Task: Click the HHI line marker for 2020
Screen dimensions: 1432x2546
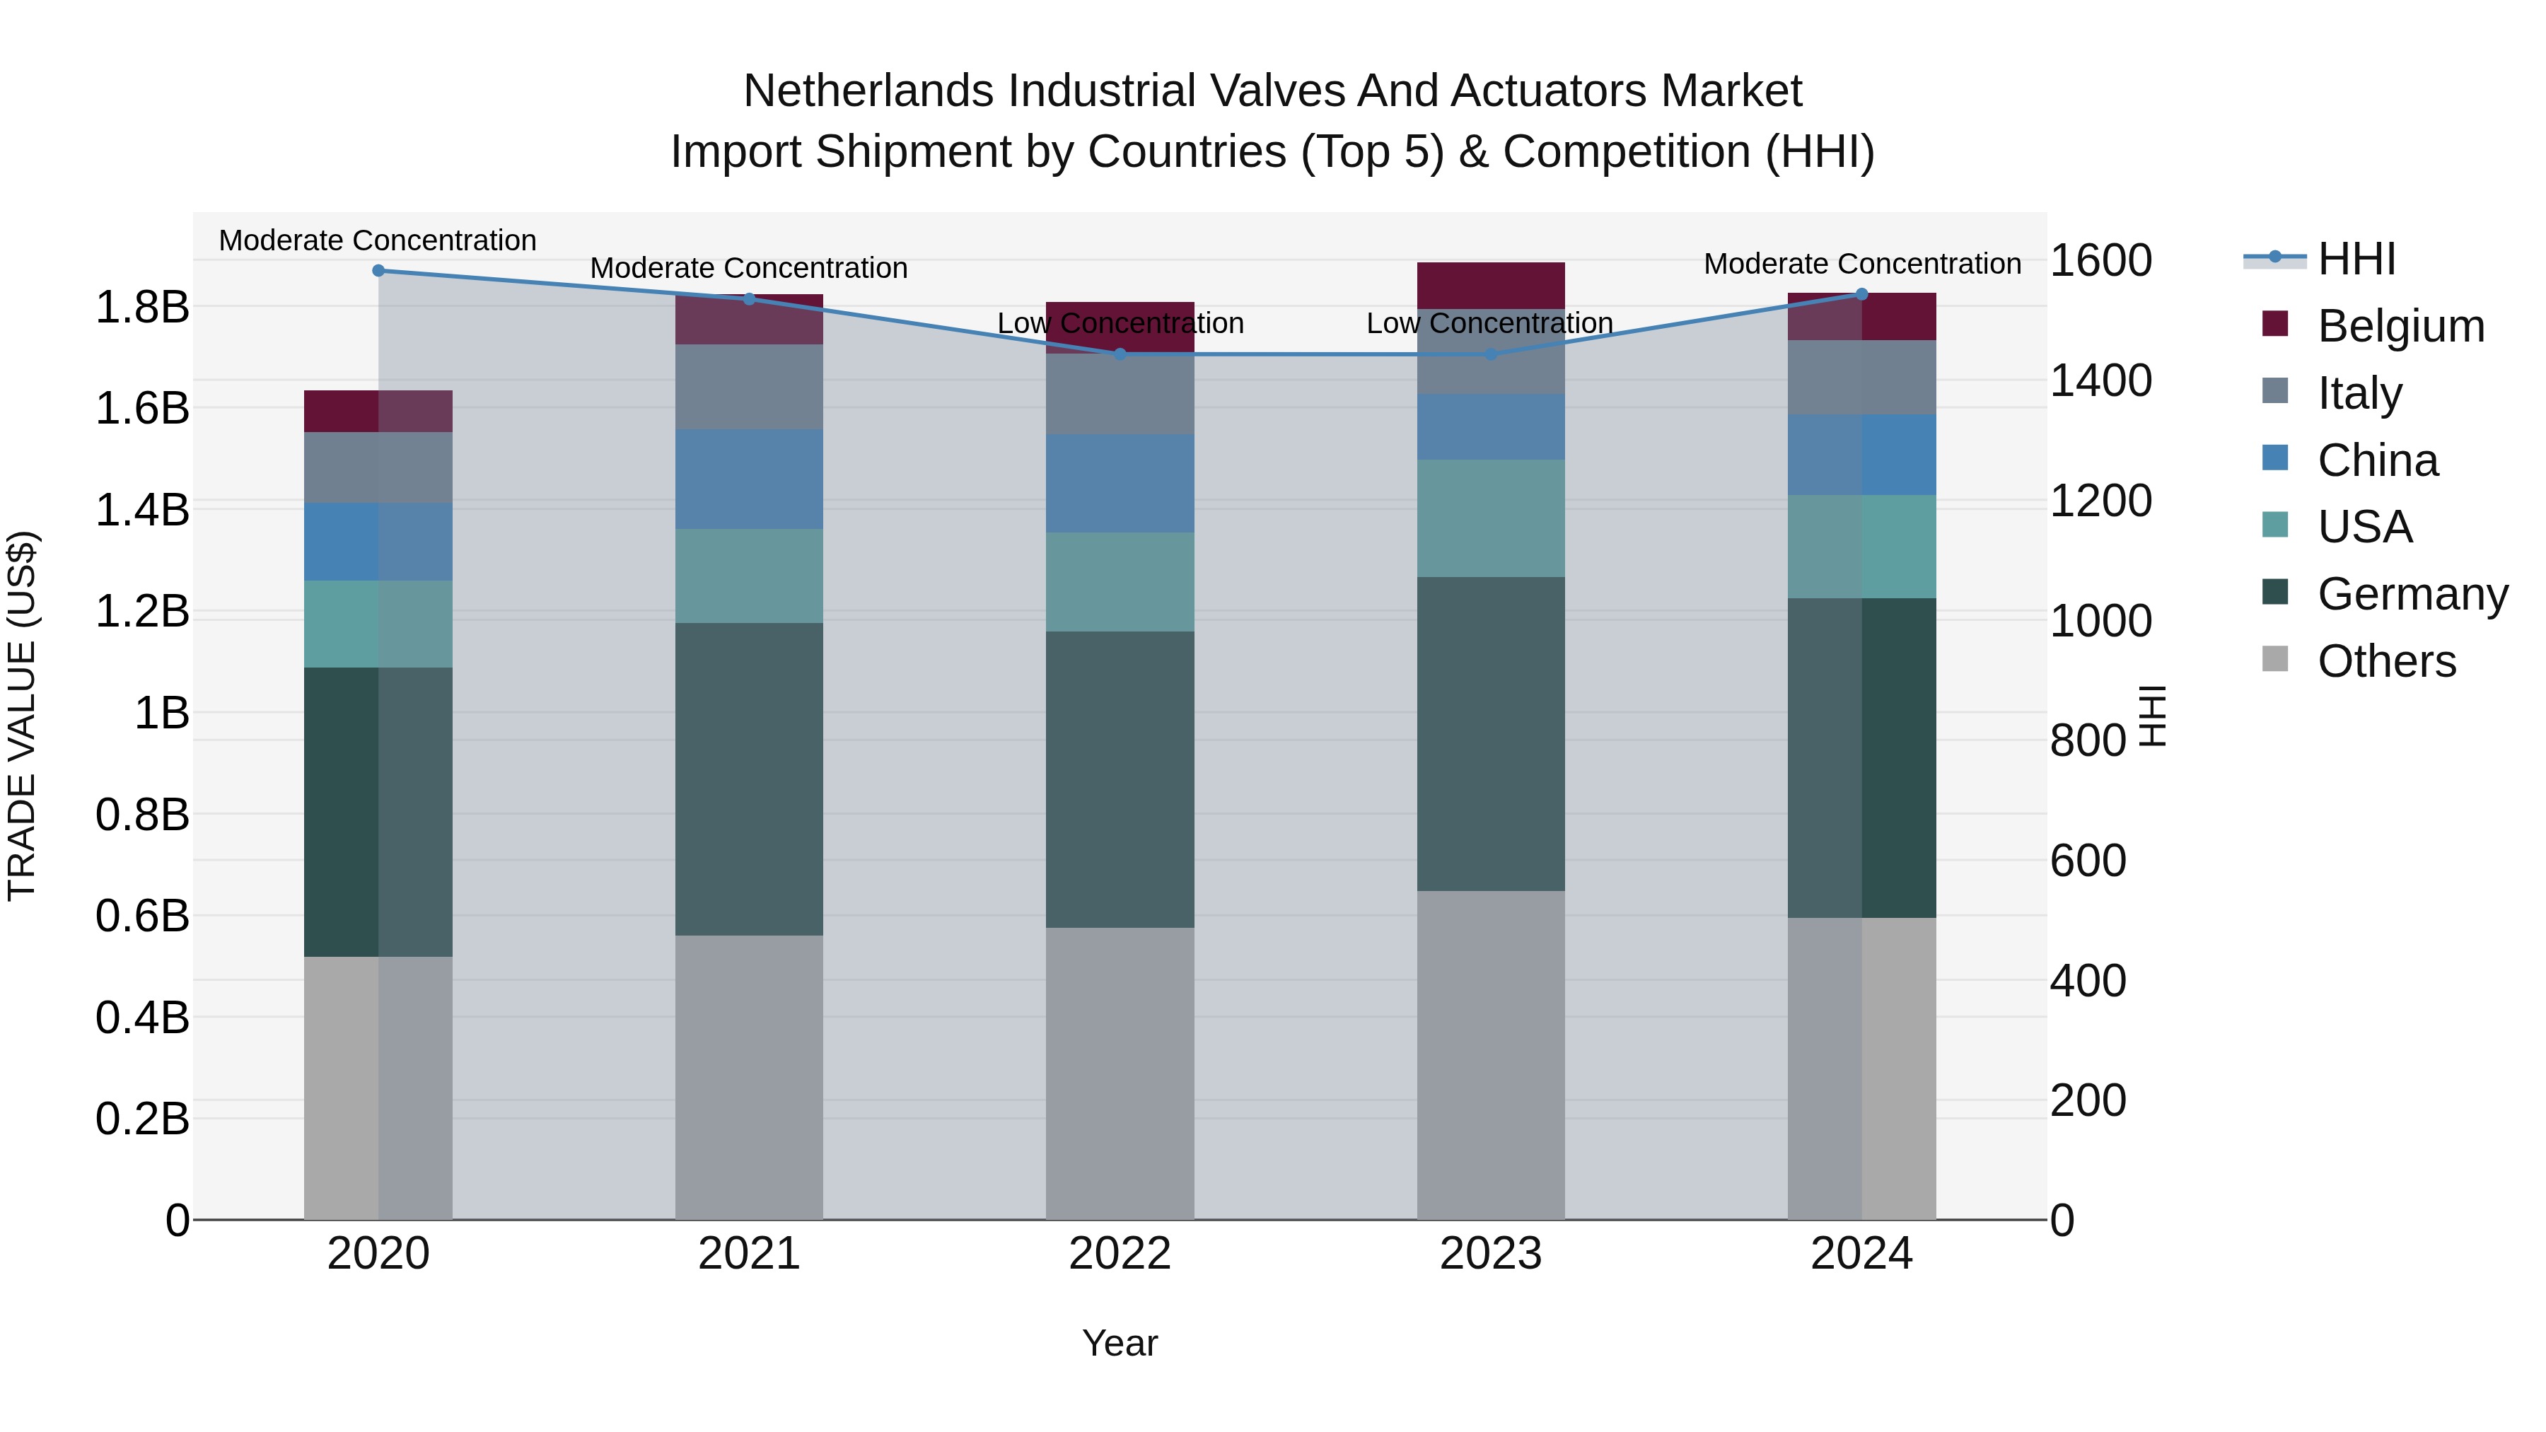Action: tap(378, 271)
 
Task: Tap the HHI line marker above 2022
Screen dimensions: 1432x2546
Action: tap(1120, 354)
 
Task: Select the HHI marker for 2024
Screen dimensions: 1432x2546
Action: tap(1862, 293)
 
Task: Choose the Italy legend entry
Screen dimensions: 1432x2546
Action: tap(2359, 393)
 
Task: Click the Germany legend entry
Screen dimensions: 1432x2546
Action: tap(2412, 594)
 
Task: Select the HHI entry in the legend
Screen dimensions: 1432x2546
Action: tap(2356, 259)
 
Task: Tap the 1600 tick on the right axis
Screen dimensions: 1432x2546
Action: tap(2100, 260)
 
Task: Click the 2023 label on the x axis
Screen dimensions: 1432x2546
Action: tap(1490, 1253)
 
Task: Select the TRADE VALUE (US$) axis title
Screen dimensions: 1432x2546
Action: tap(22, 716)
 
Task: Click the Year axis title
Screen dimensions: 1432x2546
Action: tap(1120, 1343)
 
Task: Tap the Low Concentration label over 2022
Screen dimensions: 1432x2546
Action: tap(1120, 323)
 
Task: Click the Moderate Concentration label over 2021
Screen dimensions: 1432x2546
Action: tap(749, 268)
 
